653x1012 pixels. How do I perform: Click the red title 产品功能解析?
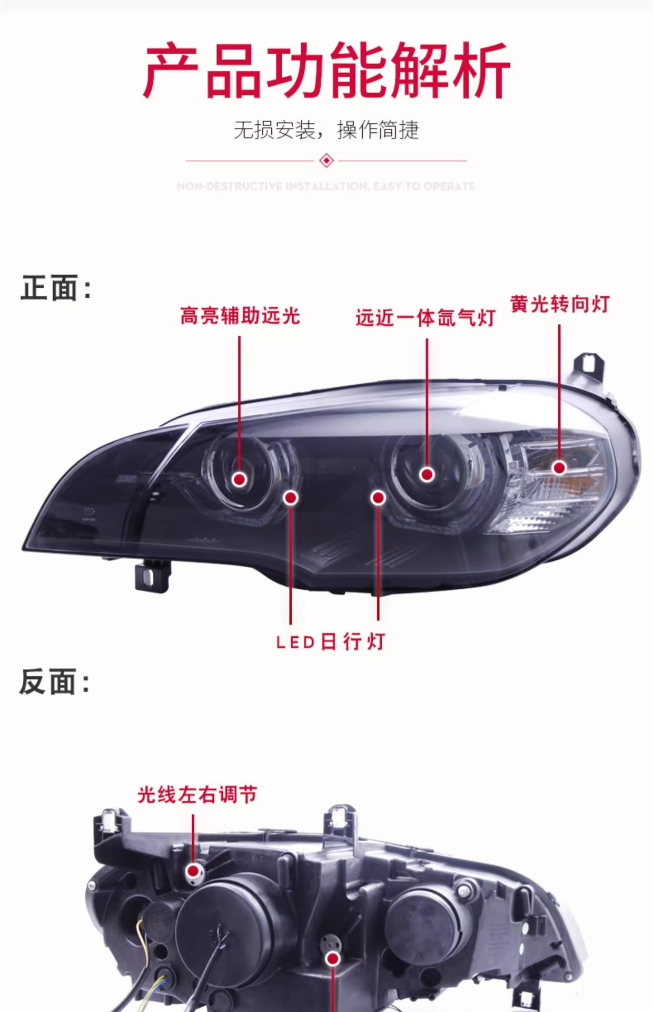(326, 71)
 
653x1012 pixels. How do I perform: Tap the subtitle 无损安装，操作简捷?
(326, 130)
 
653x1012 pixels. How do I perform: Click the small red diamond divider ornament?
(326, 160)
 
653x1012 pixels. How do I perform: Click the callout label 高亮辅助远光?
(240, 316)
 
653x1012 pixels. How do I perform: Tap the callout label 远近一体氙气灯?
(426, 318)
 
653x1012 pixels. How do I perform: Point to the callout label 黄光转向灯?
(560, 304)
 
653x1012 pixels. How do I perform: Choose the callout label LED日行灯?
(331, 641)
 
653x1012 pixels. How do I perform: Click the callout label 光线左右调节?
(197, 795)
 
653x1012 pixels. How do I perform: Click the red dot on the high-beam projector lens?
(240, 479)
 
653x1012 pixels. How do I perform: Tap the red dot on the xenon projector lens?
(427, 474)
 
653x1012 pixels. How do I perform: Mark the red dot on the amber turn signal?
(559, 468)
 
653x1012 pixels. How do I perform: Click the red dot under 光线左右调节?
(193, 871)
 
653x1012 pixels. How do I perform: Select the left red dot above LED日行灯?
(291, 498)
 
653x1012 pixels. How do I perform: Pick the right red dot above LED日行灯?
(378, 498)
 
